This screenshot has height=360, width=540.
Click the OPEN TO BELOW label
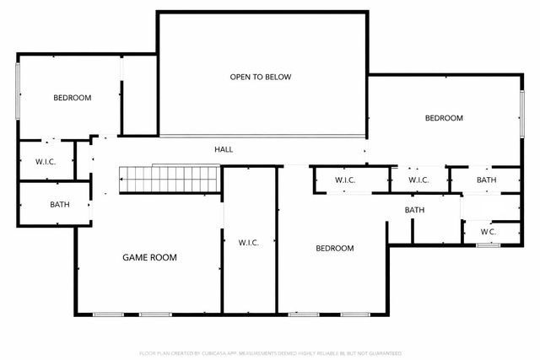[x=261, y=78]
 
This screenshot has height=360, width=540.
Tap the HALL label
[x=224, y=149]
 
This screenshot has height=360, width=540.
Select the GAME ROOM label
[x=150, y=257]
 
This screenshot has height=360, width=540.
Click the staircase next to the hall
[x=169, y=179]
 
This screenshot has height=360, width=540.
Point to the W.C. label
[x=488, y=232]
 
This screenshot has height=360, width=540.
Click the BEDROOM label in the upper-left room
[x=72, y=98]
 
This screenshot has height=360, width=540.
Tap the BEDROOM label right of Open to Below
[x=444, y=118]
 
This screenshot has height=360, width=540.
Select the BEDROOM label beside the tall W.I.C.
[x=335, y=248]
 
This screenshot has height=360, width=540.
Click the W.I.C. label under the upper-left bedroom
[x=46, y=161]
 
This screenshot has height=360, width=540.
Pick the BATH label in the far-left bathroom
[x=60, y=205]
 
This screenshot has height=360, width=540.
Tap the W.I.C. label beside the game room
[x=248, y=243]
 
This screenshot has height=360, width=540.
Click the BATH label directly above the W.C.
[x=487, y=180]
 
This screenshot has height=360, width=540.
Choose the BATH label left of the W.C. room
[x=414, y=210]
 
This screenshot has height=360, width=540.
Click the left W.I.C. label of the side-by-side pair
[x=346, y=180]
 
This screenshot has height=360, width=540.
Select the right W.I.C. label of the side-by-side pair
[x=418, y=180]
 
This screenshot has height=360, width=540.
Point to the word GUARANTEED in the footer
[x=381, y=353]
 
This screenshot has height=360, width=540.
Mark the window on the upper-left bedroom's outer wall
[x=18, y=92]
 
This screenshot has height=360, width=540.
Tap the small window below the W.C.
[x=489, y=244]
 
